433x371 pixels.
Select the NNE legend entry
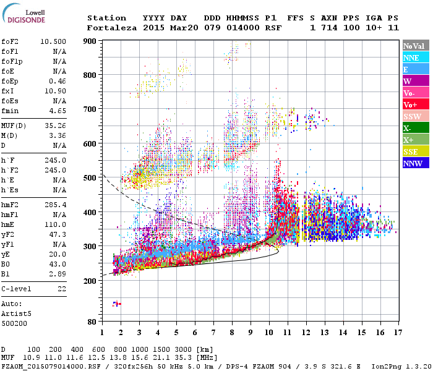pos(414,58)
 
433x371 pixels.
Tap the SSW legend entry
pos(414,116)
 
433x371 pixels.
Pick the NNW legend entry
pos(414,163)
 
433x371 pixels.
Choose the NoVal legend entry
pos(414,46)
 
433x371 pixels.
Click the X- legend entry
pos(414,128)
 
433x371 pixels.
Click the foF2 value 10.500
pos(54,41)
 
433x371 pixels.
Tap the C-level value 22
pos(62,289)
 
